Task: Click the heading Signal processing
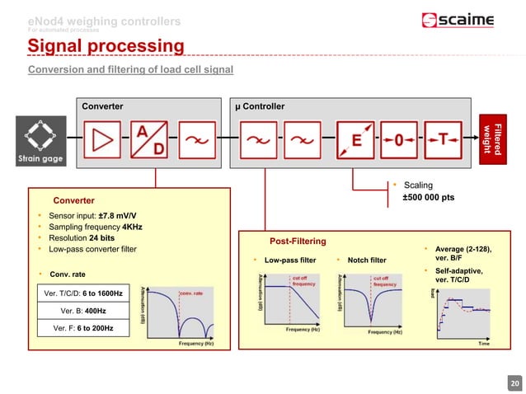pos(106,45)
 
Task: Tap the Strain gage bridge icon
pos(35,139)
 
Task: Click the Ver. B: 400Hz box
pos(82,311)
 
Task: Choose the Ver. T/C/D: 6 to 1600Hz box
pos(82,293)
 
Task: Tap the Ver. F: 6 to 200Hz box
pos(82,328)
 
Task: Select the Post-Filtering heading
pos(298,241)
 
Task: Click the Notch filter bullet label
pos(366,260)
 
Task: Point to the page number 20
pos(514,382)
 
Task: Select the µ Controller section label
pos(260,106)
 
